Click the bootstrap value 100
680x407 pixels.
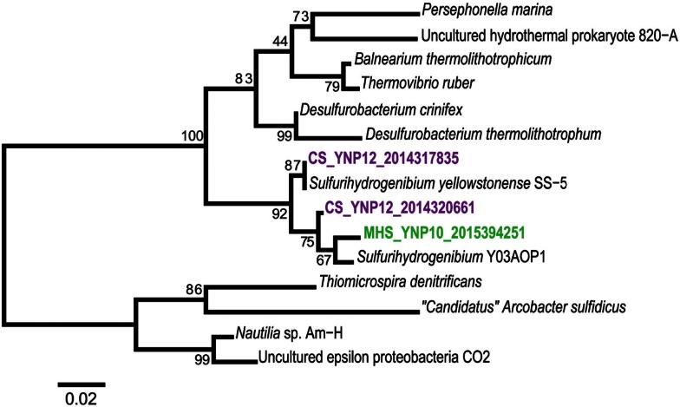coord(192,135)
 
